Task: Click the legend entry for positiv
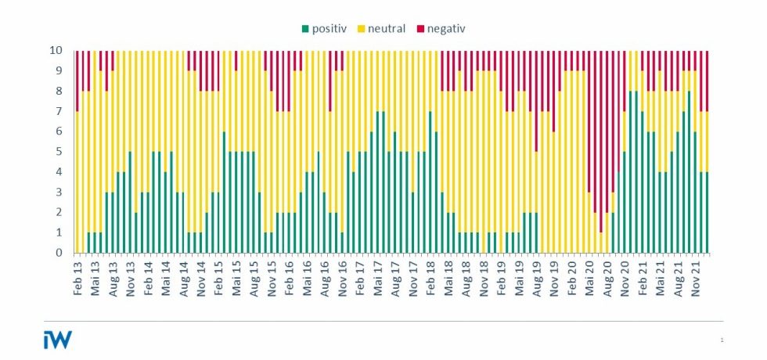point(329,29)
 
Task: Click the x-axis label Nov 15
point(272,276)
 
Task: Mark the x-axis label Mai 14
point(166,276)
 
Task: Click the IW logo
point(57,339)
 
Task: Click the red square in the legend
point(420,29)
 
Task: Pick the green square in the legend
point(304,29)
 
